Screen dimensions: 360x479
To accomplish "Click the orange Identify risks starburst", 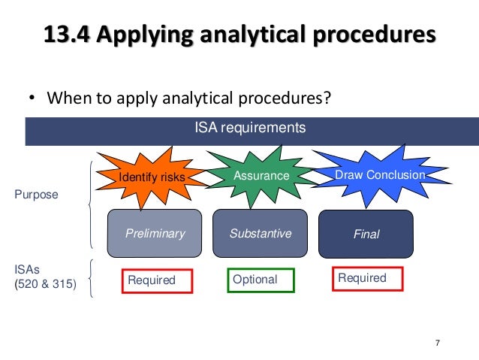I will (152, 177).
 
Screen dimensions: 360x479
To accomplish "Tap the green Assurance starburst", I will (261, 175).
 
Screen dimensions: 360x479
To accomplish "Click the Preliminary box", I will (155, 233).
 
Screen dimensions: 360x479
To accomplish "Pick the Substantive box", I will (260, 233).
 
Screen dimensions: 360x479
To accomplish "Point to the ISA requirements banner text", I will (249, 128).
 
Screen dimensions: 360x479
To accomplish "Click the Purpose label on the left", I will (36, 194).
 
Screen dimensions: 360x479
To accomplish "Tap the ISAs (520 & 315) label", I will (45, 277).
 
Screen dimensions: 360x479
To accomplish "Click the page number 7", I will (438, 343).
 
